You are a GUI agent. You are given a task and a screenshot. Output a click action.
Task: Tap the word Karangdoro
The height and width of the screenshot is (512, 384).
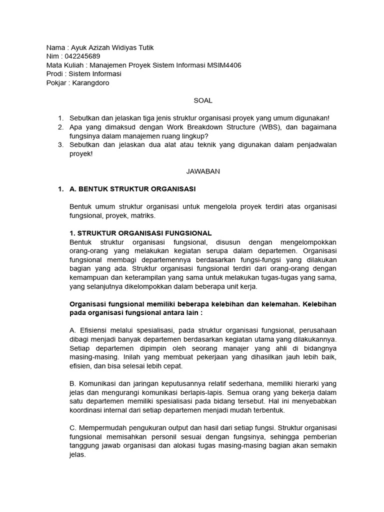[x=90, y=83]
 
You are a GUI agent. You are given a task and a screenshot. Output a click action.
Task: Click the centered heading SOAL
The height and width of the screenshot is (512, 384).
[x=203, y=100]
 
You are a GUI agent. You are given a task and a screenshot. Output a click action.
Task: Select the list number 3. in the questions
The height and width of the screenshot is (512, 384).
[x=60, y=145]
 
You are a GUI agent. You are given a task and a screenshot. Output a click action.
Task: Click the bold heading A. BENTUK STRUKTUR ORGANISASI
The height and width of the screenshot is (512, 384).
[x=132, y=189]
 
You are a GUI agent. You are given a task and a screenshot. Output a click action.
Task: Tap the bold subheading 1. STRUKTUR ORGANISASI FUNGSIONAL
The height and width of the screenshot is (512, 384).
[x=140, y=233]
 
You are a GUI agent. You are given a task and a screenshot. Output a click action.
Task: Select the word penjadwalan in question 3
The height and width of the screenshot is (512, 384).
[x=313, y=145]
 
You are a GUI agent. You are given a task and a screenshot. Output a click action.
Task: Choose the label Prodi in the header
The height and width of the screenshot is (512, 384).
[x=54, y=74]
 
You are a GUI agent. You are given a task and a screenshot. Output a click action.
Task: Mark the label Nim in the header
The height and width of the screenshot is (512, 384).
[x=52, y=56]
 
